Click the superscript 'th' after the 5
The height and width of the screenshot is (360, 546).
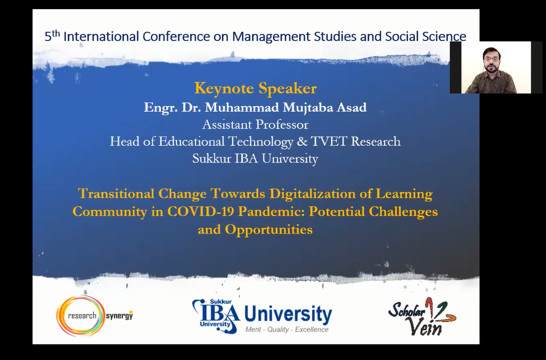pyautogui.click(x=56, y=34)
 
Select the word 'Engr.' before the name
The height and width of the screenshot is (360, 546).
pyautogui.click(x=161, y=108)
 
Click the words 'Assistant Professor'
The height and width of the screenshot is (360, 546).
pyautogui.click(x=255, y=124)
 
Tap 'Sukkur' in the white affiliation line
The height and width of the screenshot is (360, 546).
pyautogui.click(x=212, y=159)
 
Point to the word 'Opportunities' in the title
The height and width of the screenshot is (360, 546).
pyautogui.click(x=268, y=229)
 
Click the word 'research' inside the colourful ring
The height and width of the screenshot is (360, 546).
pyautogui.click(x=82, y=316)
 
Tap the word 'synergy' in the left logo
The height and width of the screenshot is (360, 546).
pyautogui.click(x=119, y=316)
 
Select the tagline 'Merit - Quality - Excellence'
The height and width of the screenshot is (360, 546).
pyautogui.click(x=287, y=329)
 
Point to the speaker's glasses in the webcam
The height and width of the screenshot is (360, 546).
pyautogui.click(x=491, y=59)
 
